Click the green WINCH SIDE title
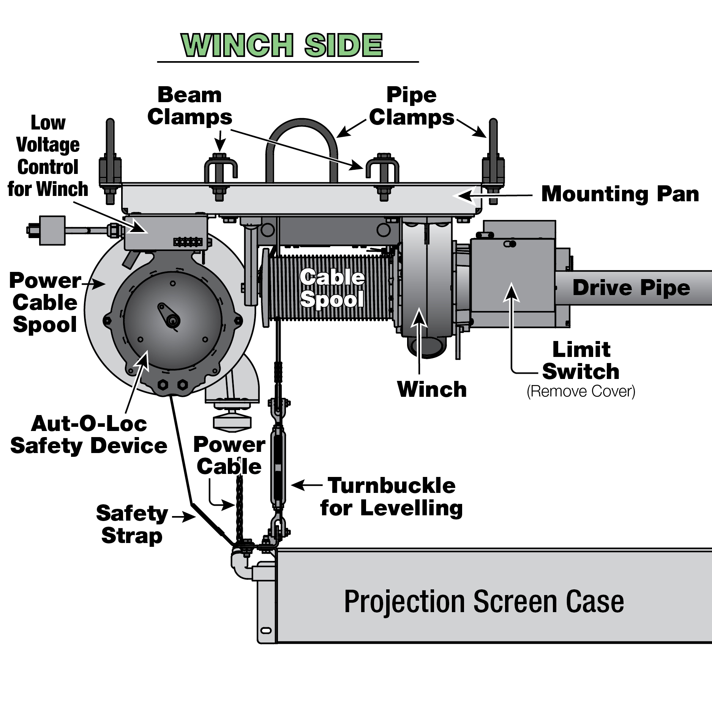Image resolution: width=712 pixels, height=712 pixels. (282, 46)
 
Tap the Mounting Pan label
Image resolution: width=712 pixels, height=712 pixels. (620, 194)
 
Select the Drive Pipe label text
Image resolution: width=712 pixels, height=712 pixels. (631, 288)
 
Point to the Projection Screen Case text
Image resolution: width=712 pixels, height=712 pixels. (484, 602)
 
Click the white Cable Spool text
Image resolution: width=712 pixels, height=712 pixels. (332, 289)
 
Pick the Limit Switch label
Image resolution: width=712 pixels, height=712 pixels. (581, 360)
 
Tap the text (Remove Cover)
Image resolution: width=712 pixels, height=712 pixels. (581, 392)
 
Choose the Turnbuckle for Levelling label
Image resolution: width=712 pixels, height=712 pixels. (392, 497)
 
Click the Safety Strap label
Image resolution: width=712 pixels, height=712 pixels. (132, 524)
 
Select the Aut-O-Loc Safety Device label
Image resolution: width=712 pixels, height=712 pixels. (89, 435)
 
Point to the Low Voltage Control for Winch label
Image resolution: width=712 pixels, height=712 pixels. (48, 156)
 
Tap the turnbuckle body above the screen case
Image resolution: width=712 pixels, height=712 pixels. (278, 467)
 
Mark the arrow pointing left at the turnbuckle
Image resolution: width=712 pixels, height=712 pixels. (306, 485)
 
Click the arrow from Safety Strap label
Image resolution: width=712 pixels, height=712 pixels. (184, 516)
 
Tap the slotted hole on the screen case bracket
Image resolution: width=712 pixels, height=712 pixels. (267, 630)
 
